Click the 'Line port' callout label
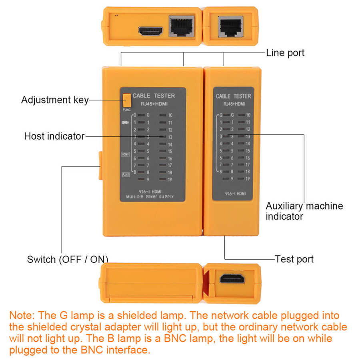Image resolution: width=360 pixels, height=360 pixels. [285, 52]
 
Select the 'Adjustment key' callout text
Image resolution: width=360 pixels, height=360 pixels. [54, 100]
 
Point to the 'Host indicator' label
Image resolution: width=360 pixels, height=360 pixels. [54, 136]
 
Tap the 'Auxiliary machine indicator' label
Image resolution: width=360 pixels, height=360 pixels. [304, 211]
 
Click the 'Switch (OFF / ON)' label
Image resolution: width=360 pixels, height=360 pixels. [67, 259]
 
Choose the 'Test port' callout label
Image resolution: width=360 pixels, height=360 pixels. [294, 259]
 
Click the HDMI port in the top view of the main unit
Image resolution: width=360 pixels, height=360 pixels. [150, 30]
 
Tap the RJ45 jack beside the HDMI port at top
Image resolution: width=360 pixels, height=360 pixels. [182, 26]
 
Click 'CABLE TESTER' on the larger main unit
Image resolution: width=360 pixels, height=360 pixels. [154, 96]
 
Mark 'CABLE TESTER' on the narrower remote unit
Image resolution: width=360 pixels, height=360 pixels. [233, 96]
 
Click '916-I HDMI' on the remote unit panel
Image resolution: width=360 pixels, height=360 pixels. [233, 194]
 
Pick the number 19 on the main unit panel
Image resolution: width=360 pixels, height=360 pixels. [170, 180]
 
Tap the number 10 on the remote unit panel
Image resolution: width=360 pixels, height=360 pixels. [248, 115]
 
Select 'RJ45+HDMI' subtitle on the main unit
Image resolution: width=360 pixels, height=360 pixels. [154, 104]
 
